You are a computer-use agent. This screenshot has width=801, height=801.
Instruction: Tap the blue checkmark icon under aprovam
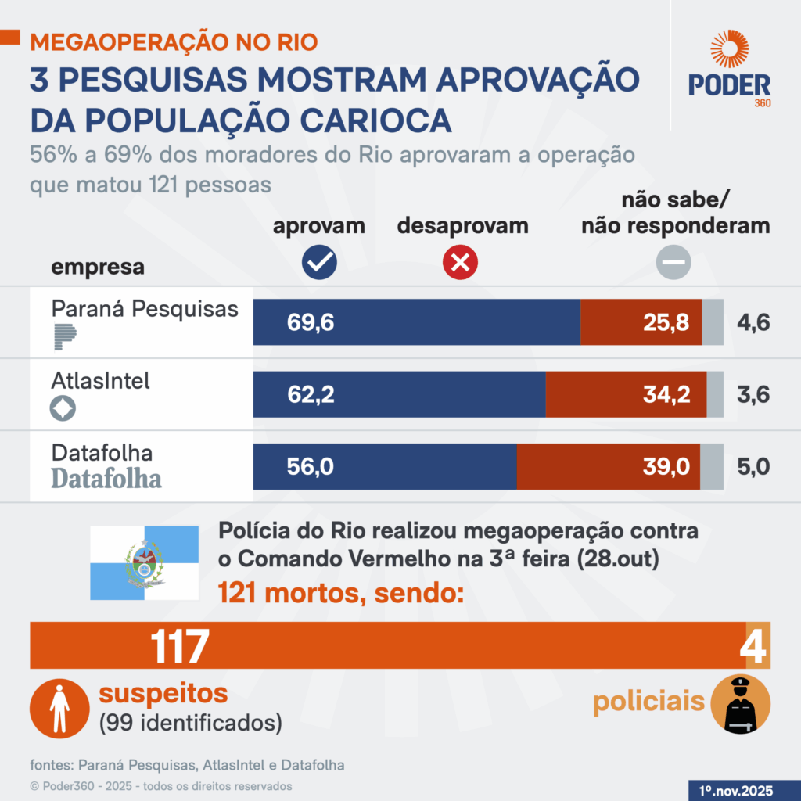click(x=319, y=264)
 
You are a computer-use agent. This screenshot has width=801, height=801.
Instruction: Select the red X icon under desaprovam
click(x=460, y=264)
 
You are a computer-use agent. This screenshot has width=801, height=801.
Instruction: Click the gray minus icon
click(x=673, y=264)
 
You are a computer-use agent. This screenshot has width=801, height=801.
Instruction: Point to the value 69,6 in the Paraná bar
click(x=311, y=322)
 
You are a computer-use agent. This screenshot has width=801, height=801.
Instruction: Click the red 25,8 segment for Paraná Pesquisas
click(x=641, y=322)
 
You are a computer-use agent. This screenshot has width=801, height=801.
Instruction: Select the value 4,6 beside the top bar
click(x=753, y=322)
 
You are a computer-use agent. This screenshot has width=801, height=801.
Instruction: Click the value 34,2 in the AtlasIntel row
click(x=666, y=395)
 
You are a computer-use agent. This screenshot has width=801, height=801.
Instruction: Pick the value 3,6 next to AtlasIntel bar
click(x=753, y=395)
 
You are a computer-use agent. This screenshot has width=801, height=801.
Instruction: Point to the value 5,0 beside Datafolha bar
click(x=753, y=467)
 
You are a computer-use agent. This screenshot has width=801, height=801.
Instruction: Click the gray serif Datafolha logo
click(x=106, y=478)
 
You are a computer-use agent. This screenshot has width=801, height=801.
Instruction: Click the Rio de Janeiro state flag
click(x=144, y=563)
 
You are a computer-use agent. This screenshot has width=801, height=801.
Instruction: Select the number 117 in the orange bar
click(x=180, y=646)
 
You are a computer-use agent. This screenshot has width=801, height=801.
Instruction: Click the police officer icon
click(x=740, y=703)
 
